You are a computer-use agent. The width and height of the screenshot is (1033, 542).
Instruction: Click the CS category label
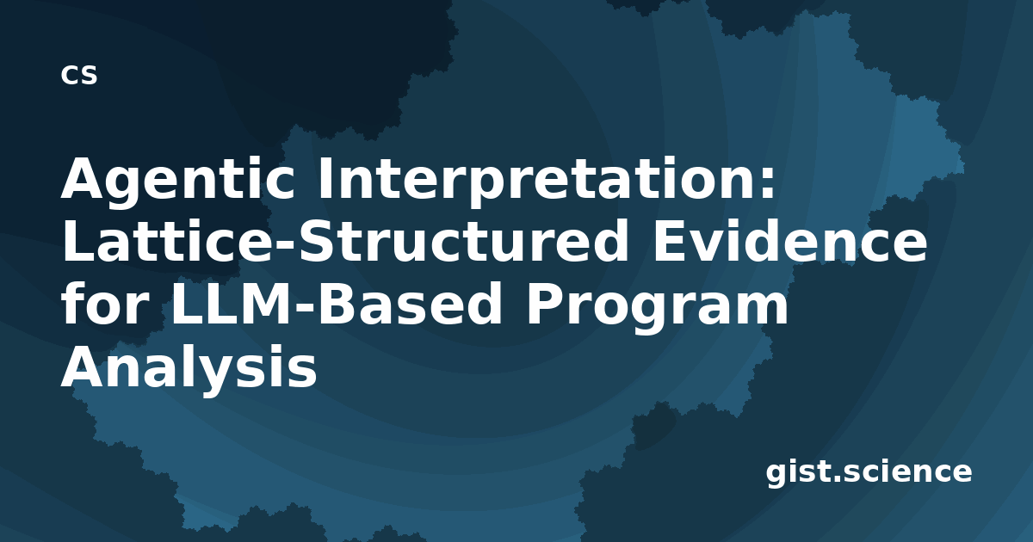point(79,75)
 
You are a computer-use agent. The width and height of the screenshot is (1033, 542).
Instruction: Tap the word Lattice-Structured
point(345,241)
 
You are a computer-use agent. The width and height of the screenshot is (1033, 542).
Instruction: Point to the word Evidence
point(790,241)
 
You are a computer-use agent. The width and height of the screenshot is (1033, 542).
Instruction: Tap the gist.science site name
point(869,473)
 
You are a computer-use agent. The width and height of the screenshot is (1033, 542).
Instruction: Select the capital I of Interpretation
point(325,178)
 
